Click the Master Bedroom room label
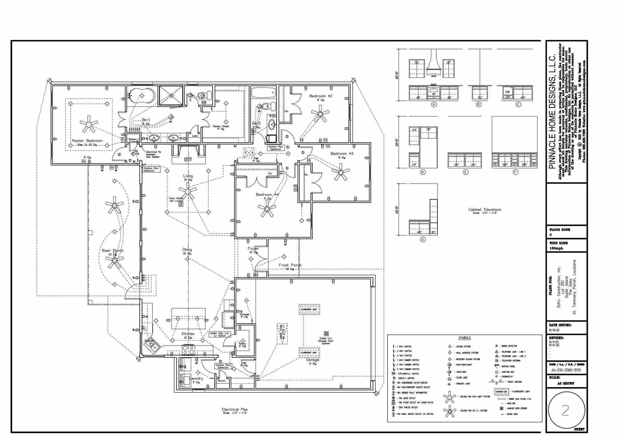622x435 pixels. coord(87,141)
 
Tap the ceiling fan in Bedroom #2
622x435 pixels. coord(320,114)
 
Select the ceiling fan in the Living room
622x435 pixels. coord(188,191)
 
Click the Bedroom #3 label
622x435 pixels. coord(342,153)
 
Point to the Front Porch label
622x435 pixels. coord(290,265)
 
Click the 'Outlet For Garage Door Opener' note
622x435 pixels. coord(326,341)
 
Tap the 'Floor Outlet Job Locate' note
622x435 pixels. coord(176,199)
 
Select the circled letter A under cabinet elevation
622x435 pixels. coord(434,105)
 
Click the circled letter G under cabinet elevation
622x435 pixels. coord(423,240)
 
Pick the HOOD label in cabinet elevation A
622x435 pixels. coord(434,76)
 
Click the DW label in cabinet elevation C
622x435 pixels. coord(508,92)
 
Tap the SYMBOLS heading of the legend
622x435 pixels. coord(464,338)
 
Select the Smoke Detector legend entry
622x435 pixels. coord(507,346)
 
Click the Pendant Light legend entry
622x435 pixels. coord(463,384)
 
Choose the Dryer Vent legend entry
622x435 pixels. coord(512,414)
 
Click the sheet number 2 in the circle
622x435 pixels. coord(565,410)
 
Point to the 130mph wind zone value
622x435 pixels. coord(556,248)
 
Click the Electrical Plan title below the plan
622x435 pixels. coord(235,410)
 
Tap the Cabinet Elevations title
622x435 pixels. coord(485,209)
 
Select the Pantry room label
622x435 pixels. coord(242,344)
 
